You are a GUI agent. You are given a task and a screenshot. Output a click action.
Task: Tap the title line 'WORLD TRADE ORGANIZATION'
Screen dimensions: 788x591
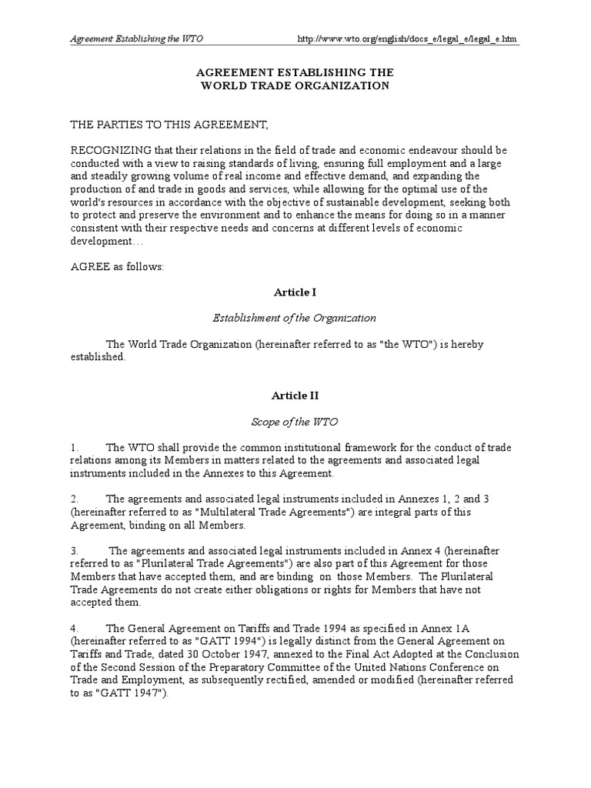tap(295, 86)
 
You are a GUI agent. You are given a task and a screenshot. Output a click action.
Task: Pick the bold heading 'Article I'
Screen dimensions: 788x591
tap(295, 292)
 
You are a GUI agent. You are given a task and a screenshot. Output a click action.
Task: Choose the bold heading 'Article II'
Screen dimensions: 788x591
tap(295, 396)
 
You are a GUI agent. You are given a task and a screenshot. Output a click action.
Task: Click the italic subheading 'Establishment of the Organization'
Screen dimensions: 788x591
tap(295, 317)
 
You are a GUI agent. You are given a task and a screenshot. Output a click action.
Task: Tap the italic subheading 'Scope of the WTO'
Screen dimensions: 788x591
tap(295, 422)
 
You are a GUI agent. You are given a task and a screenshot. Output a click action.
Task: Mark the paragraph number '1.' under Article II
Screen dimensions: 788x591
tap(75, 448)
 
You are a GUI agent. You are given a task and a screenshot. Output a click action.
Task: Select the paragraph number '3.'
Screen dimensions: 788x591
tap(75, 551)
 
